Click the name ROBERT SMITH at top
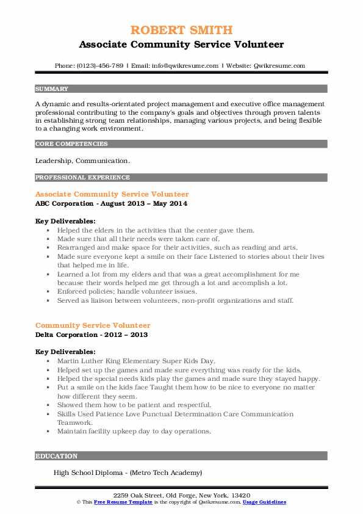[x=181, y=31]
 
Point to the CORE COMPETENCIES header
[x=72, y=144]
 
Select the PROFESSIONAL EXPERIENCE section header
[x=83, y=178]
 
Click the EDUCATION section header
[x=57, y=456]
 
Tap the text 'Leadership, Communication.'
[x=82, y=161]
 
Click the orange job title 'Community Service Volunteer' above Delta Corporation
[x=93, y=325]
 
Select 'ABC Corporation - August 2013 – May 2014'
[x=111, y=203]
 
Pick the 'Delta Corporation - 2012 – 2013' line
[x=92, y=335]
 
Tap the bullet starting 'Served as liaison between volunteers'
[x=176, y=300]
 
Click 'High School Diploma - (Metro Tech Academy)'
[x=128, y=472]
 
